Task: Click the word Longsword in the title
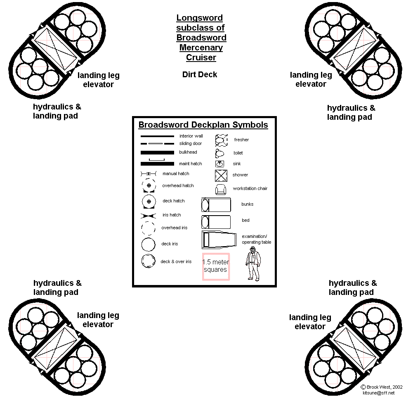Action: pos(199,18)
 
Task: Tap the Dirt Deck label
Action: pos(200,74)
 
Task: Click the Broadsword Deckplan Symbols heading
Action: pos(203,125)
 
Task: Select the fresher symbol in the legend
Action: pos(222,140)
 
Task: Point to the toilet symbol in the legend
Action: pos(219,153)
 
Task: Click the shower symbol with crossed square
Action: pos(221,175)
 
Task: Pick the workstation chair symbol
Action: pos(221,189)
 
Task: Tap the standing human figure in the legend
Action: pos(253,263)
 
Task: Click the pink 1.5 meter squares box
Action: pos(215,266)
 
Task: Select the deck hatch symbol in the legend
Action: pos(149,201)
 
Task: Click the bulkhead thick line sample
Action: pos(157,152)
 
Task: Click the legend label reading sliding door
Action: pos(191,144)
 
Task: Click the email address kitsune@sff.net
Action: pos(378,393)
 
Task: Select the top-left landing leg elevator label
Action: pos(98,80)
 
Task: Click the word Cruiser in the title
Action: pos(201,57)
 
